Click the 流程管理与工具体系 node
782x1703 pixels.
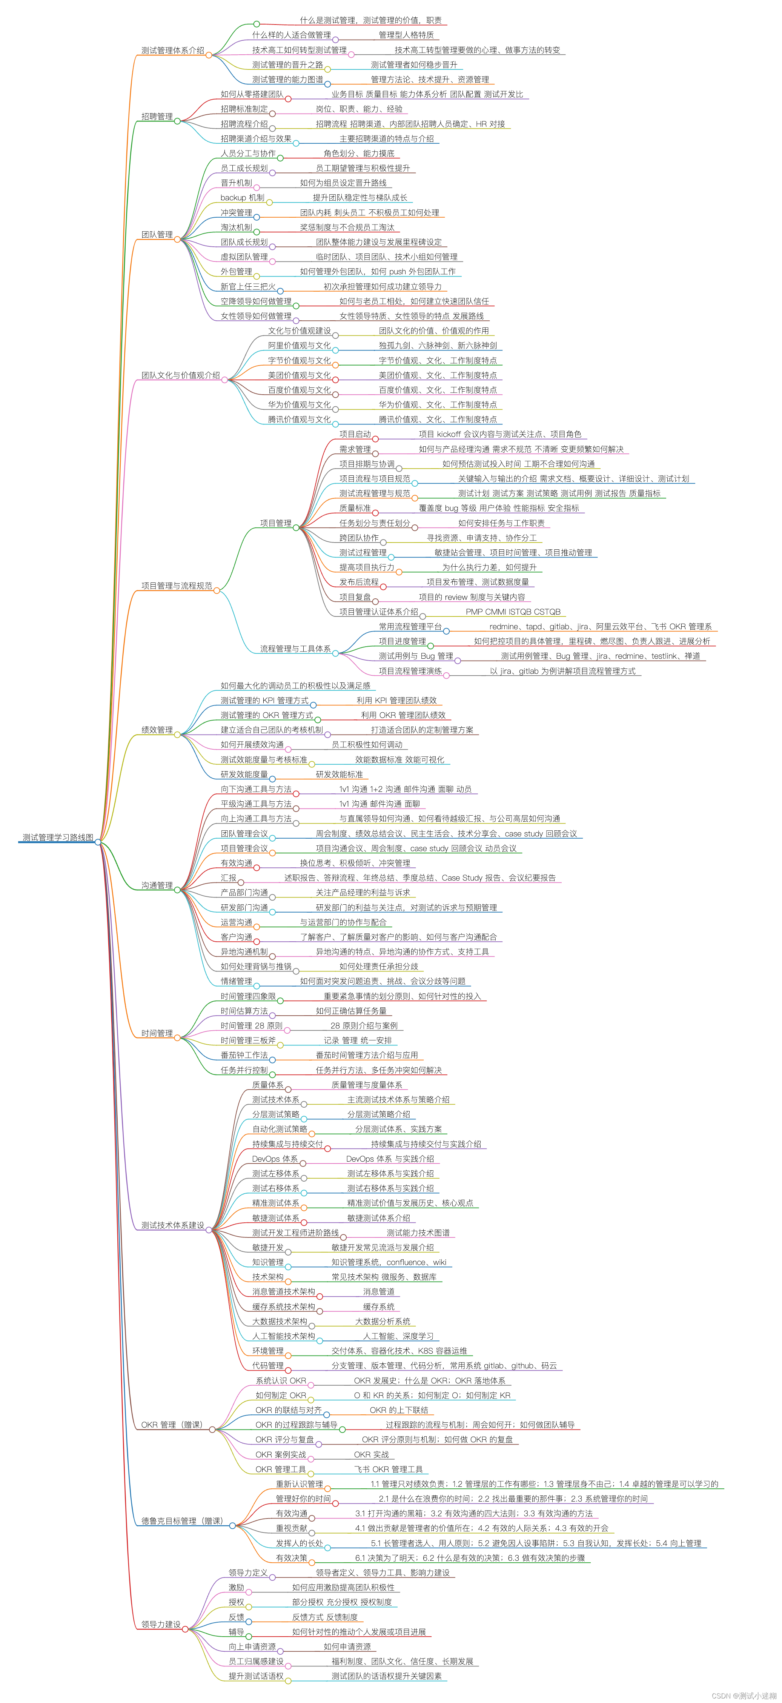click(295, 649)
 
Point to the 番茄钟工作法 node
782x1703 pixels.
click(244, 1055)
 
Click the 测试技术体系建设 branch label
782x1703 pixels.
click(172, 1225)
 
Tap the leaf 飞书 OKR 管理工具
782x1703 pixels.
click(388, 1469)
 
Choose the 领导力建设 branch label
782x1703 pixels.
click(161, 1624)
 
